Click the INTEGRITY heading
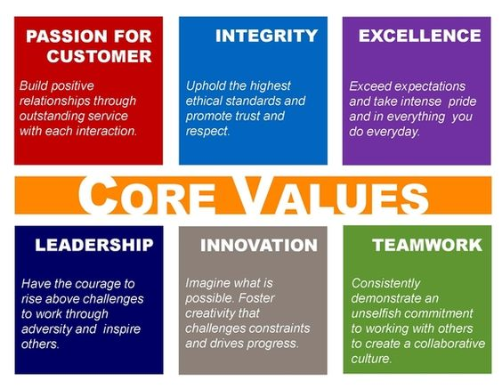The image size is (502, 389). point(266,36)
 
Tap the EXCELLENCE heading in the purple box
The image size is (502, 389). point(420,36)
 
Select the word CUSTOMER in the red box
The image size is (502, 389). point(100,56)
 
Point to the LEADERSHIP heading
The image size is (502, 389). point(94,245)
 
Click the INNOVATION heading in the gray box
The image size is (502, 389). point(259,246)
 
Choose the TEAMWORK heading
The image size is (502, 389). point(427,245)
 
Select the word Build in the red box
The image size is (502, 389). point(33,85)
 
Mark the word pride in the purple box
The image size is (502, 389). point(462,102)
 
